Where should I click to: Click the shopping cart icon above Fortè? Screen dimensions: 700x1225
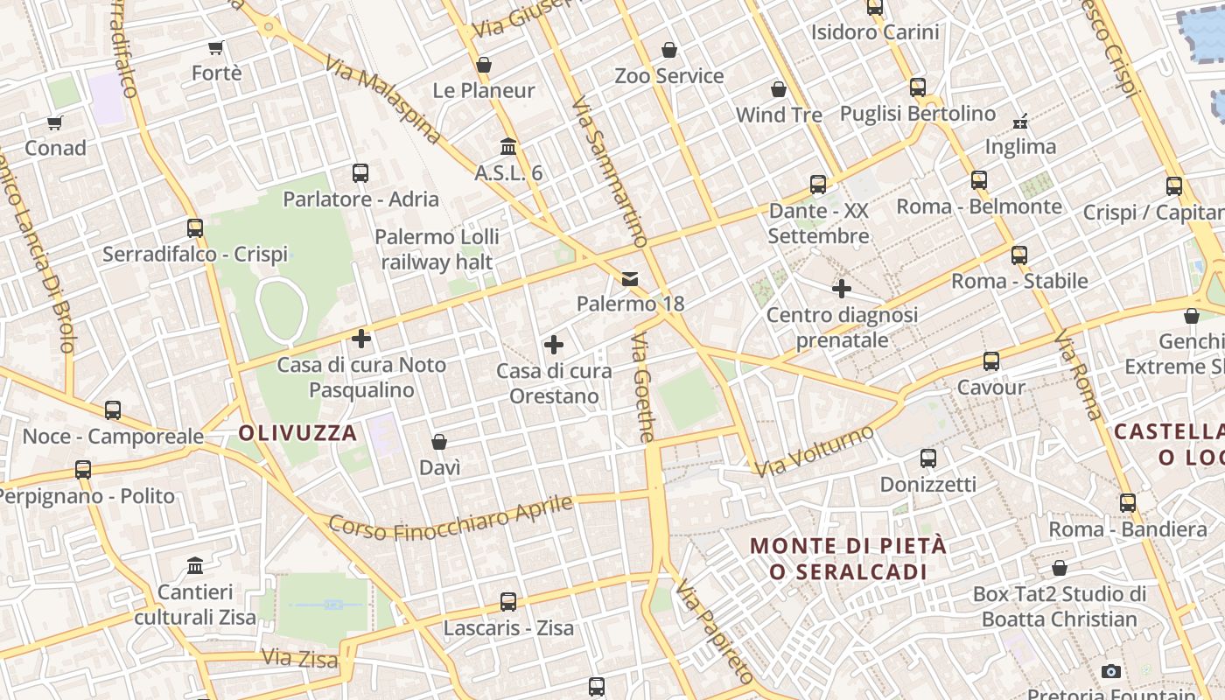(x=216, y=47)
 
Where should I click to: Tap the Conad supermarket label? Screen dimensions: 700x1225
(x=55, y=148)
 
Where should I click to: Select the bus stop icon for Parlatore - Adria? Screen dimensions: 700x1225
(x=360, y=173)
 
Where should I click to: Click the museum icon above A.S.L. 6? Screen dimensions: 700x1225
(x=508, y=146)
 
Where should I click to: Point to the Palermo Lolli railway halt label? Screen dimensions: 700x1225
(x=437, y=249)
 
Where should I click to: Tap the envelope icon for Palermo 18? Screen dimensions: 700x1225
(x=630, y=279)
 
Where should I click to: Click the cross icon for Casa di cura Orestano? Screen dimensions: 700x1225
(x=554, y=346)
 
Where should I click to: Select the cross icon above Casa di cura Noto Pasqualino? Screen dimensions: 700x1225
(x=361, y=339)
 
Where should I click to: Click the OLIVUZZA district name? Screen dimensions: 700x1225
(x=297, y=433)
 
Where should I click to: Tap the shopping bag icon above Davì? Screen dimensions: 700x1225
(x=439, y=443)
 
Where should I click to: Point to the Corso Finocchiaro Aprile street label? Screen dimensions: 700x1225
(x=451, y=518)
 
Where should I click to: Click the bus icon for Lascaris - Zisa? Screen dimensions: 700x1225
(x=508, y=602)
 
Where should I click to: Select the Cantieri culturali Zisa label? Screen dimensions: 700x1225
(x=195, y=605)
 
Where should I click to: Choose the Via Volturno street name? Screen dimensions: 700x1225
(x=815, y=451)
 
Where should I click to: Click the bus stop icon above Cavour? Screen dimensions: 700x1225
(x=991, y=361)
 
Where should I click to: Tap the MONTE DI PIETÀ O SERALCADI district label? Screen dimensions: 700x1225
(x=848, y=558)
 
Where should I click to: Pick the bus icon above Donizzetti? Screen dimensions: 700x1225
(x=928, y=458)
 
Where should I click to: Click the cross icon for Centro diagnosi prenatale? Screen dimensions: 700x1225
(x=842, y=289)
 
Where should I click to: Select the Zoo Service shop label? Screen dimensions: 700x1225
(x=669, y=76)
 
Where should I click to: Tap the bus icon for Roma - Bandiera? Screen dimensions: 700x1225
(x=1128, y=503)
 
